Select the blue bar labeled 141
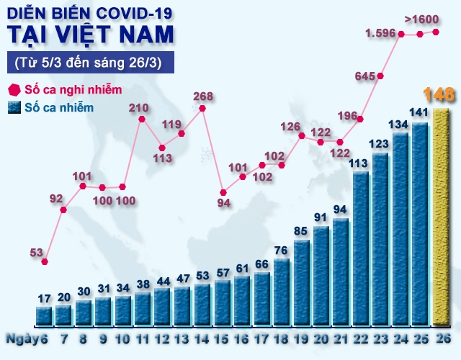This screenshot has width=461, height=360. (x=420, y=223)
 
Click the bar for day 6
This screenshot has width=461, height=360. (x=45, y=315)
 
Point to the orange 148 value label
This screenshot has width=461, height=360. (x=438, y=94)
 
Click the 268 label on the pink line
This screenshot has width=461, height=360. (x=203, y=96)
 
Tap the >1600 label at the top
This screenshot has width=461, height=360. (x=422, y=19)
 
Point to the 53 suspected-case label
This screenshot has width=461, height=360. (x=37, y=251)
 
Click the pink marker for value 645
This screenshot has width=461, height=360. (x=382, y=76)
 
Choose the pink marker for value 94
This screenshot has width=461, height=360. (x=223, y=192)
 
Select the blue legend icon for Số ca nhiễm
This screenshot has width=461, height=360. (x=13, y=108)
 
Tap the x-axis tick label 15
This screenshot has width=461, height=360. (x=223, y=338)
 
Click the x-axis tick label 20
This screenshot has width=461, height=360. (x=321, y=338)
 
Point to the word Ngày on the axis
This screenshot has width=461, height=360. (x=19, y=338)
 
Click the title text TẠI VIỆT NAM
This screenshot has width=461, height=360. (x=90, y=34)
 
